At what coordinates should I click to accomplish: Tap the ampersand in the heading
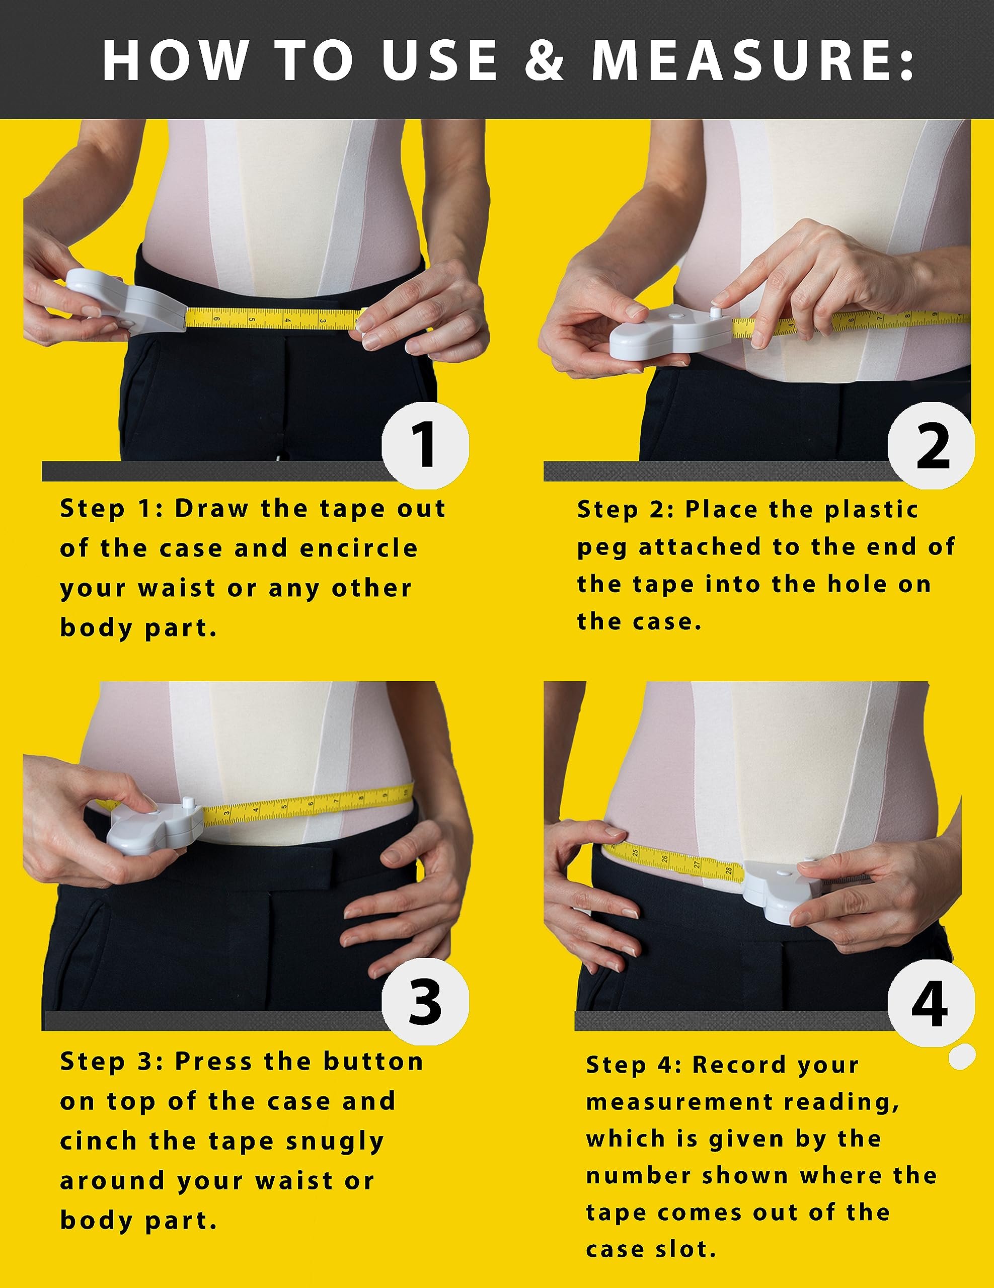544,60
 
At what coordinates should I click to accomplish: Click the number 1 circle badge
425,445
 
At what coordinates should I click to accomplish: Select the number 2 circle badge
932,446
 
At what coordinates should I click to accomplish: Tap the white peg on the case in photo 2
716,311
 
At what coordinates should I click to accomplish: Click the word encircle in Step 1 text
359,548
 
